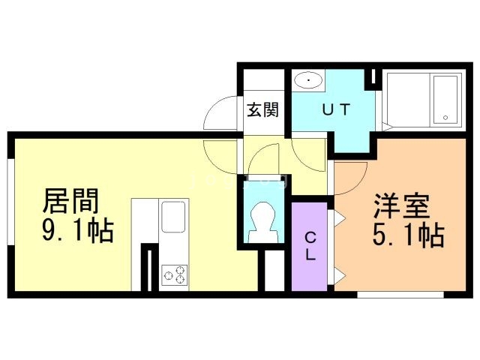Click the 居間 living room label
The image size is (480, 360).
71,200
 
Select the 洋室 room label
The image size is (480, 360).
402,206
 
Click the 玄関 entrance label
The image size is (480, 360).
263,109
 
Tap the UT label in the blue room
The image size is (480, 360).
335,109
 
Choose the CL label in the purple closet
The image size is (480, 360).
310,245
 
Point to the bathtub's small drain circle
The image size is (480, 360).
446,117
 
